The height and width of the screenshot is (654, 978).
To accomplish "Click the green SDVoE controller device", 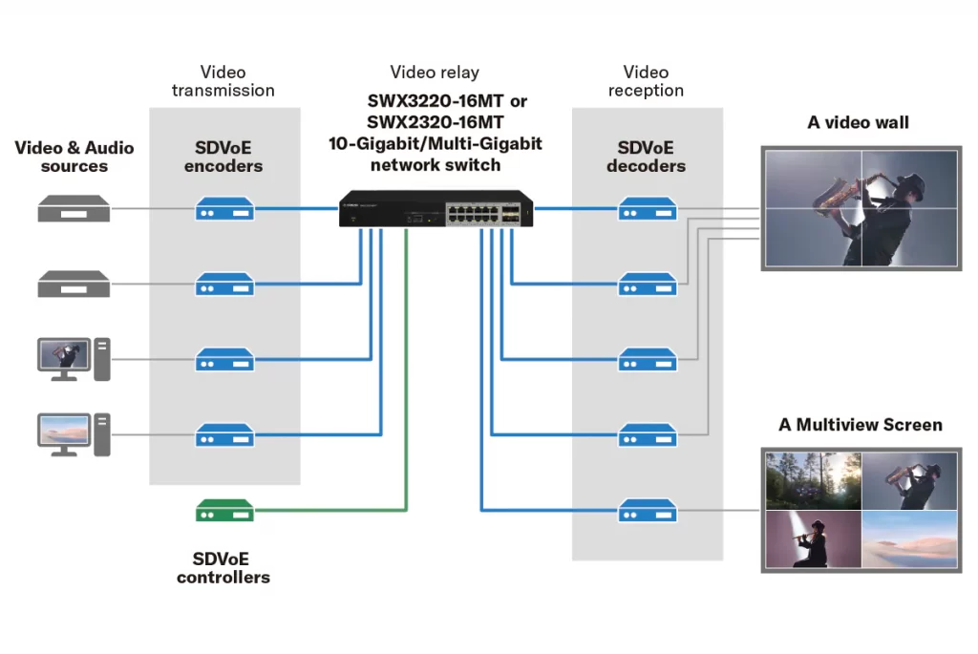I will tap(224, 511).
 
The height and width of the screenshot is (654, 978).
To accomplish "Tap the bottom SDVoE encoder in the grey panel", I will tap(224, 435).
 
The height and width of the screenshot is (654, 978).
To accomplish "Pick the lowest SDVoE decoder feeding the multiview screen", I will tap(647, 511).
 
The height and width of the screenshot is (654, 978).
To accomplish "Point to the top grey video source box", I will tap(73, 208).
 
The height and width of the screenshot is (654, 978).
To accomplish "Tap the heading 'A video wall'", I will tap(858, 122).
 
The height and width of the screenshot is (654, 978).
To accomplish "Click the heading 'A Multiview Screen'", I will tap(860, 425).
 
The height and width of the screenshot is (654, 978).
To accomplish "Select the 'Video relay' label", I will tap(435, 73).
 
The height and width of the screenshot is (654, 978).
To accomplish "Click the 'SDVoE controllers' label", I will tap(223, 568).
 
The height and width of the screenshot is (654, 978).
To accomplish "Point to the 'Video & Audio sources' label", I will tap(74, 157).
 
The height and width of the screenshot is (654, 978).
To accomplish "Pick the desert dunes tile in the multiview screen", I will tap(908, 539).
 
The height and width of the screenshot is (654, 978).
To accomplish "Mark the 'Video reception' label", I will tap(647, 81).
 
